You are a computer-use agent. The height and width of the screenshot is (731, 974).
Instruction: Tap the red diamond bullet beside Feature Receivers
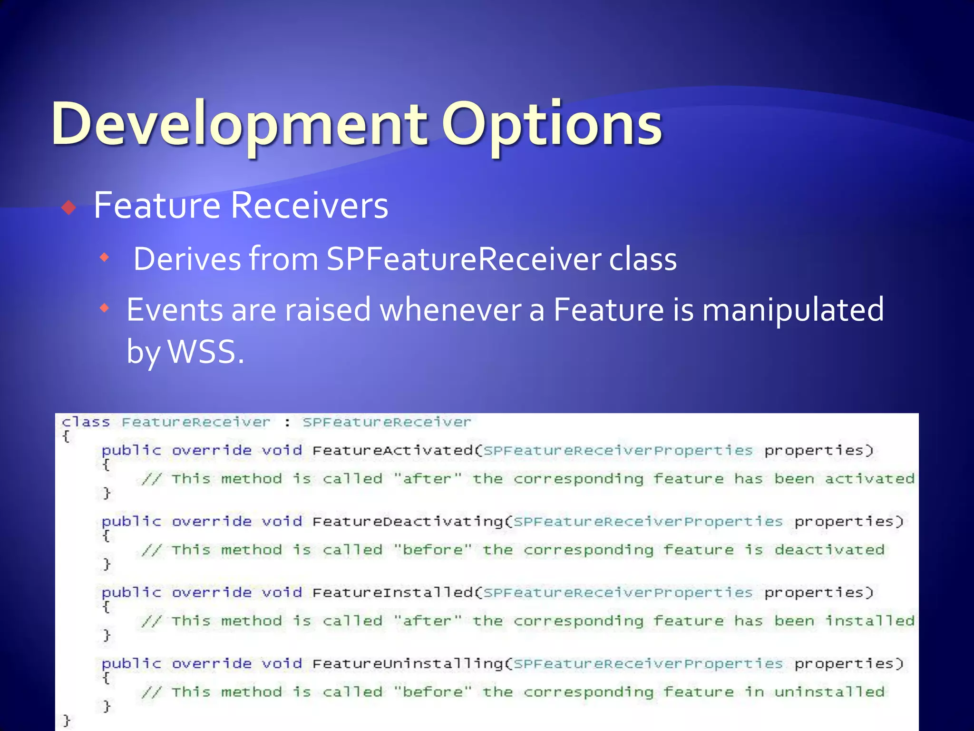(69, 207)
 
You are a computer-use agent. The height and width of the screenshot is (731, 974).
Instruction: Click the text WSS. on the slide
(206, 352)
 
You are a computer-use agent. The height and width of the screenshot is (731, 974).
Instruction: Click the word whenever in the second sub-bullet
(450, 309)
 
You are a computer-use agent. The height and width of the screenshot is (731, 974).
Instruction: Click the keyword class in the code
(86, 422)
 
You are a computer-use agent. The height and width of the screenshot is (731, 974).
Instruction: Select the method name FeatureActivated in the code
(392, 450)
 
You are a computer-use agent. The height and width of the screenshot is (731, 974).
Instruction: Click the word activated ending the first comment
(869, 478)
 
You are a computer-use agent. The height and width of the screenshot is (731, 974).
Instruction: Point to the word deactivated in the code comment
(829, 550)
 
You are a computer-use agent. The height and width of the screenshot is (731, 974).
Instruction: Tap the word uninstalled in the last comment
(829, 691)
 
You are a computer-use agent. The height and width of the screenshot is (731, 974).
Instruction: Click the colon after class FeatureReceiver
(287, 423)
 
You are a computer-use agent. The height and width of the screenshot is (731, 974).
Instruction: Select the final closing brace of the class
(67, 720)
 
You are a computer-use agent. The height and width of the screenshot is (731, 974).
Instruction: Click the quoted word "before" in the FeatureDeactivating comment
(433, 550)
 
